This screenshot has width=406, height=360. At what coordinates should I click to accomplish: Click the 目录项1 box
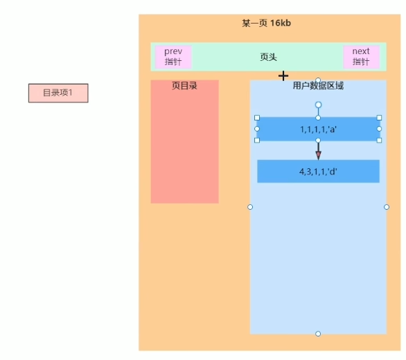click(x=58, y=93)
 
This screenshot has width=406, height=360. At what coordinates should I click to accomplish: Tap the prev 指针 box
click(x=173, y=57)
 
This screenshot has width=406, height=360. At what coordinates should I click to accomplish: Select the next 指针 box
click(x=361, y=57)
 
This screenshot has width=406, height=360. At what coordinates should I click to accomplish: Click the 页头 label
click(x=268, y=57)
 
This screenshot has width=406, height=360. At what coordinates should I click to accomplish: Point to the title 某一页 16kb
click(x=267, y=24)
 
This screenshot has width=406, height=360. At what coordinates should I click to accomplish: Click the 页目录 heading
click(x=184, y=85)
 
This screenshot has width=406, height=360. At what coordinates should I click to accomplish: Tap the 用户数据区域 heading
click(x=318, y=85)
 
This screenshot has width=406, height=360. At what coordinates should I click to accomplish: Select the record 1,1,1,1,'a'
click(x=318, y=129)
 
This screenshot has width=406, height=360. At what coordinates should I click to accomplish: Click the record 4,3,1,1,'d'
click(x=318, y=171)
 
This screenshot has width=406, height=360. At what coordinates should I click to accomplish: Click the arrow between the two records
click(x=318, y=150)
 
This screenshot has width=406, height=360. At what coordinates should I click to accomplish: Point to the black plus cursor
click(x=283, y=76)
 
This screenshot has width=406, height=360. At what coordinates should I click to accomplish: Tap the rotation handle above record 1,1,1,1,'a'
click(x=318, y=105)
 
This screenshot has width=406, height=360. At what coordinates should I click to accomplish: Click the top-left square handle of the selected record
click(x=257, y=118)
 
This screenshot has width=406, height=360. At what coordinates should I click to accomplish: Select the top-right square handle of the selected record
click(x=380, y=118)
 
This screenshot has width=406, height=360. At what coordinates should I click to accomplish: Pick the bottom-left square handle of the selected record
click(x=257, y=141)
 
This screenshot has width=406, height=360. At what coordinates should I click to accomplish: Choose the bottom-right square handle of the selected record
click(x=380, y=141)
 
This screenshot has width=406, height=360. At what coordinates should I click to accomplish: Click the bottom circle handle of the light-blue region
click(x=318, y=334)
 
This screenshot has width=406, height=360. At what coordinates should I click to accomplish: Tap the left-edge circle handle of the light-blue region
click(x=250, y=207)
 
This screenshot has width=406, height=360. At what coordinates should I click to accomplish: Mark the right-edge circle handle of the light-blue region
click(x=387, y=207)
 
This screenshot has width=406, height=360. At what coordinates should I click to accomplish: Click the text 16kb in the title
click(x=281, y=24)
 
